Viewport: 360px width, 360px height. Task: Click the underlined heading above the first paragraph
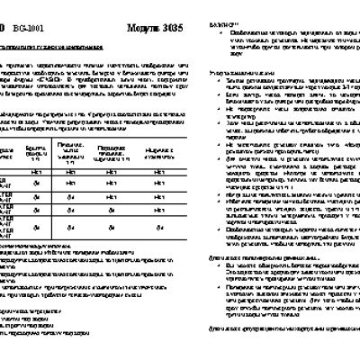pyautogui.click(x=62, y=43)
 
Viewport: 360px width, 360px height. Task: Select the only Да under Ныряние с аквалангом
pyautogui.click(x=158, y=230)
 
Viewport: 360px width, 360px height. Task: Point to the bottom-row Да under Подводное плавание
pyautogui.click(x=111, y=230)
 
